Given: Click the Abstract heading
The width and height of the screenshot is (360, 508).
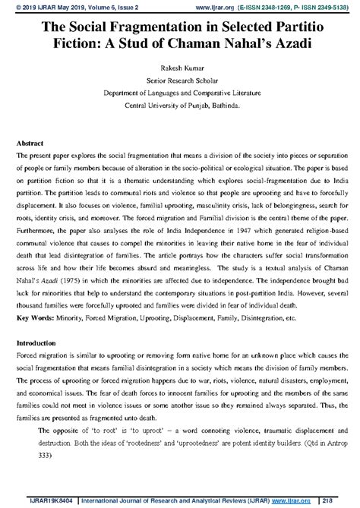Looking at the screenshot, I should (30, 143).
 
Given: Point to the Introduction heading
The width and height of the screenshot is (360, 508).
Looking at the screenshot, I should (38, 342).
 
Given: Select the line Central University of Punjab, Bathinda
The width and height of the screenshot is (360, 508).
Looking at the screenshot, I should (179, 106).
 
